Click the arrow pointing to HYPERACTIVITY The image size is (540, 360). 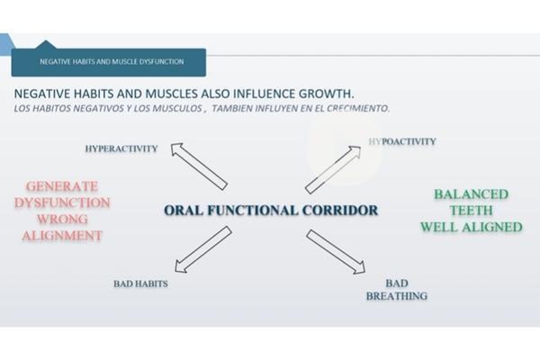(x=199, y=166)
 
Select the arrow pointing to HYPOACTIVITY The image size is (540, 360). (x=333, y=169)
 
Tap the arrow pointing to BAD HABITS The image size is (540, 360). (x=203, y=250)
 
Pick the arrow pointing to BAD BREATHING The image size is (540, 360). (x=336, y=252)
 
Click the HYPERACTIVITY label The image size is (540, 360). (x=121, y=148)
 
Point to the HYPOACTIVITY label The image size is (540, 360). (x=402, y=141)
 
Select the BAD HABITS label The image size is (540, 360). (x=141, y=283)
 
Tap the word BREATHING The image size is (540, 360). (x=397, y=296)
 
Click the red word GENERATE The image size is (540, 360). (x=62, y=186)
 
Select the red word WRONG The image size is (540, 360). (x=62, y=219)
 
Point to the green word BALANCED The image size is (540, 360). (x=471, y=194)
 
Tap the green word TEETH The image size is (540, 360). (x=471, y=211)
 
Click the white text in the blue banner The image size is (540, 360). (x=112, y=62)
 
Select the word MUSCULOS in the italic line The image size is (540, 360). (x=177, y=109)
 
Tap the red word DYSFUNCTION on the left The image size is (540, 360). (x=62, y=202)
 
